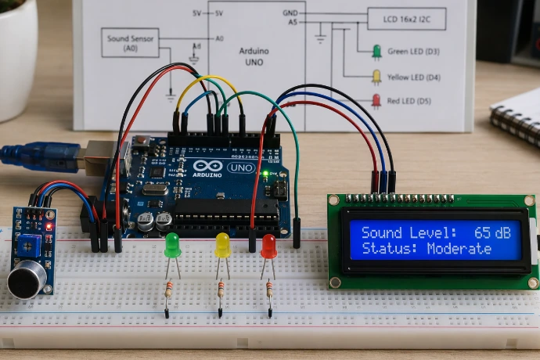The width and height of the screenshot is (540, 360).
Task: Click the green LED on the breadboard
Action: (x=172, y=244)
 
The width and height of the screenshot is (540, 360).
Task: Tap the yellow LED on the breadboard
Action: (x=222, y=244)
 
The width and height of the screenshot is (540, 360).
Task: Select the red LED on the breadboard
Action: (x=268, y=246)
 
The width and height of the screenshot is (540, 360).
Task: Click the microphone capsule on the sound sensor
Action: (x=27, y=280)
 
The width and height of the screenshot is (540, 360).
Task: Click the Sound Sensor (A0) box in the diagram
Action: (x=130, y=42)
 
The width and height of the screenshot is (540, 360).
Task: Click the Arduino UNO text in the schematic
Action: (x=252, y=56)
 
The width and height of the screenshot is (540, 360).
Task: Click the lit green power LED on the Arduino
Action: (x=265, y=173)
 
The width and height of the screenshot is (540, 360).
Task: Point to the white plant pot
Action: (x=17, y=67)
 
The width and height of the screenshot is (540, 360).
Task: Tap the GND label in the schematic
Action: (x=290, y=13)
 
